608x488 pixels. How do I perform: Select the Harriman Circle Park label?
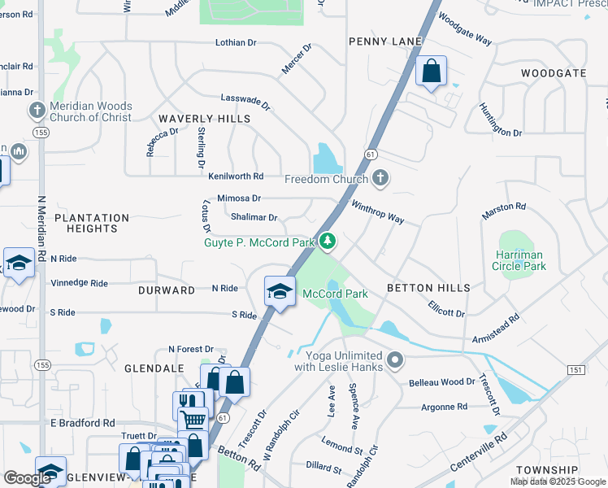click(x=520, y=260)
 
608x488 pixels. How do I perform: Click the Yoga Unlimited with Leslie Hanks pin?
click(x=395, y=359)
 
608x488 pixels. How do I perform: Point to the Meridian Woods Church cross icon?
click(x=36, y=111)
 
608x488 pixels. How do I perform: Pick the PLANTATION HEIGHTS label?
click(x=92, y=223)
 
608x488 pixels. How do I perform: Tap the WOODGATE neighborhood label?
click(x=553, y=73)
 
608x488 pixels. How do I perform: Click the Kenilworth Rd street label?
click(x=236, y=176)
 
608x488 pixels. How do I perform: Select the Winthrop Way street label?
click(x=377, y=213)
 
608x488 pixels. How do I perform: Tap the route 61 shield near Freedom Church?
click(x=370, y=154)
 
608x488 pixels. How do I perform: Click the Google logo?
click(x=27, y=477)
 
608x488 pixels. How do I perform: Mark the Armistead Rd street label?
click(x=495, y=330)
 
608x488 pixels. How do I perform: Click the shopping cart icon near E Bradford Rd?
click(x=193, y=420)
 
